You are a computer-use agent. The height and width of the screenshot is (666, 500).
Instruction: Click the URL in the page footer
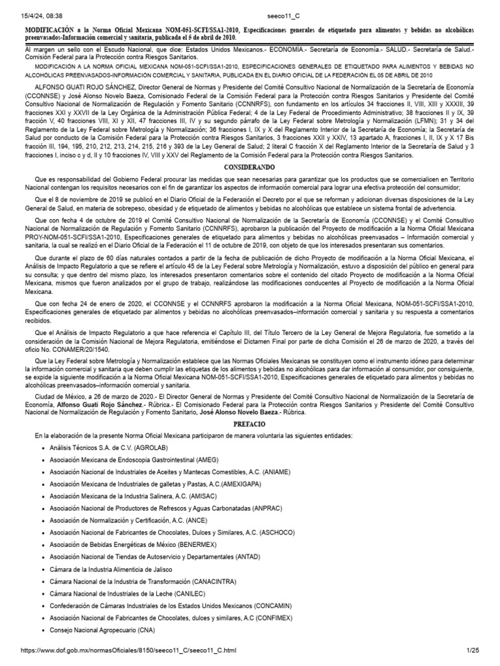pyautogui.click(x=129, y=650)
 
